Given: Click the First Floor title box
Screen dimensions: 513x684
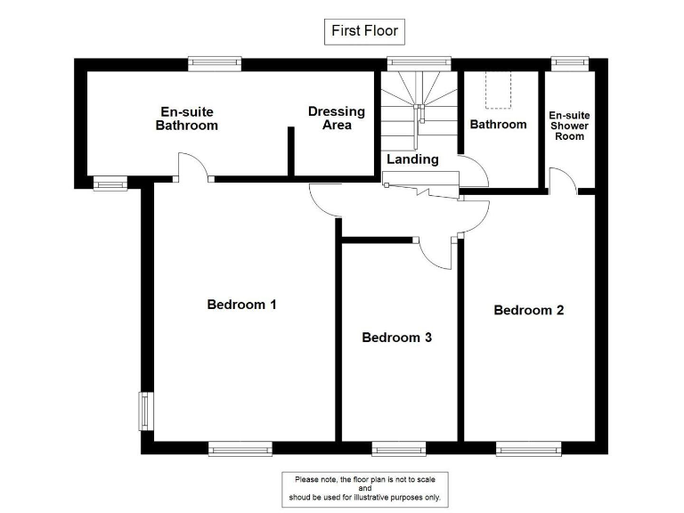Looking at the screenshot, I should click(x=364, y=31).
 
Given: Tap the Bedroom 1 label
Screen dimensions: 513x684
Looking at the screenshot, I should click(x=241, y=305).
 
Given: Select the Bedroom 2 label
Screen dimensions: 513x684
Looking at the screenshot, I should click(x=529, y=311).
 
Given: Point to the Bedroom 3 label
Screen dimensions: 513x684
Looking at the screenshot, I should click(x=396, y=338).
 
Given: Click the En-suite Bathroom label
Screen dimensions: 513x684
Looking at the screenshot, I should click(x=187, y=118).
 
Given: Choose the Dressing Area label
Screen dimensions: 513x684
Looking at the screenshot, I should click(x=337, y=118).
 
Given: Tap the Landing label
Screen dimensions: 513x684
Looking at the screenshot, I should click(x=412, y=159).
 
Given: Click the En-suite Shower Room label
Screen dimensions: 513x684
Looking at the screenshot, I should click(x=569, y=126).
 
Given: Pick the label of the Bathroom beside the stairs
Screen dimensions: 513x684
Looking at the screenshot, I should click(x=498, y=125).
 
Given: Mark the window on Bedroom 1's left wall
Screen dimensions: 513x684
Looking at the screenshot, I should click(x=142, y=411).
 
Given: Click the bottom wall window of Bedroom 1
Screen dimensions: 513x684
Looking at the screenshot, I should click(x=240, y=449).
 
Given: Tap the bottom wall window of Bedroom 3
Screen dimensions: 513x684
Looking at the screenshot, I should click(x=398, y=449).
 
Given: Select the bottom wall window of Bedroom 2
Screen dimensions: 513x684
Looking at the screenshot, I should click(x=529, y=449).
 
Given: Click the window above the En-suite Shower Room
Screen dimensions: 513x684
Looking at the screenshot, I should click(x=565, y=62).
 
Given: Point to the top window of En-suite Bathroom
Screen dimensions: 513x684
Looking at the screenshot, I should click(x=215, y=62).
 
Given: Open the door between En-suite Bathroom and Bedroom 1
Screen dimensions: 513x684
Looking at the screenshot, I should click(x=192, y=169).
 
